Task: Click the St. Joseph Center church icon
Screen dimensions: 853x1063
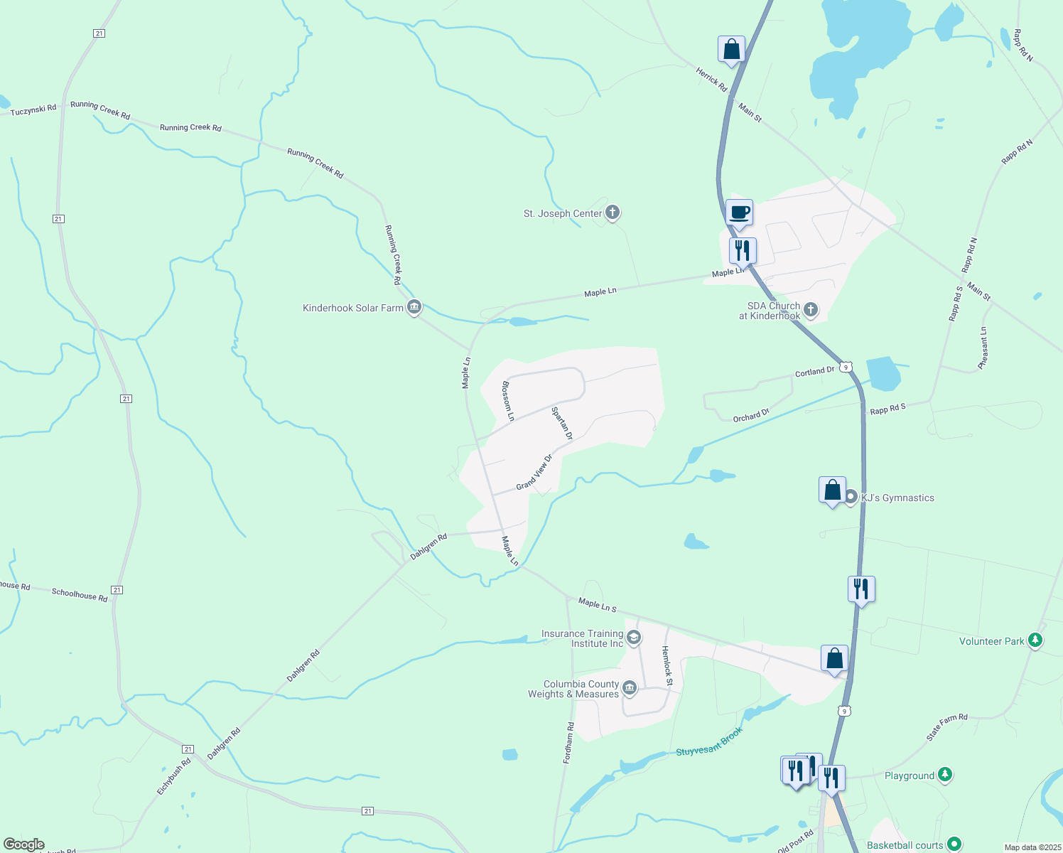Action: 613,213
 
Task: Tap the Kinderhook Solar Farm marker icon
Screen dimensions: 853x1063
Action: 414,308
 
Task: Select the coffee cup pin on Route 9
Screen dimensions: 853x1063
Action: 739,213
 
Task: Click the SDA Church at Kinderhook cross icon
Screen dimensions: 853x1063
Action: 811,311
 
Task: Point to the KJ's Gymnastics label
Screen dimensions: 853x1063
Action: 897,498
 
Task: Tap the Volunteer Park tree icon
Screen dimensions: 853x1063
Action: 1036,641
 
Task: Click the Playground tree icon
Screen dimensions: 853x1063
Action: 944,776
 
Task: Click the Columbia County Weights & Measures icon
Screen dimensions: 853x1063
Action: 629,689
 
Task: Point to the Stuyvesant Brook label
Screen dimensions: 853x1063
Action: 709,741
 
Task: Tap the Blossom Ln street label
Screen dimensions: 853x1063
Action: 507,402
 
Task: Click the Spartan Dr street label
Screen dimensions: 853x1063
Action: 562,423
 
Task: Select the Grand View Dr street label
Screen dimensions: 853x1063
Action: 534,473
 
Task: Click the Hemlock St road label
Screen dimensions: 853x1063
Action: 667,665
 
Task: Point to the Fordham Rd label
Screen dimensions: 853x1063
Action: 568,743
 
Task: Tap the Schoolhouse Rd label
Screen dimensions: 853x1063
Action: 80,595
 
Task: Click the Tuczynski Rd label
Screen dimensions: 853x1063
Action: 33,109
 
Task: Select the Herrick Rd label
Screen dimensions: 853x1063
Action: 711,79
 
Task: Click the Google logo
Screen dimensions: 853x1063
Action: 24,844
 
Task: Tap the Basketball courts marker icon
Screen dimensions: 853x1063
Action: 954,844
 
